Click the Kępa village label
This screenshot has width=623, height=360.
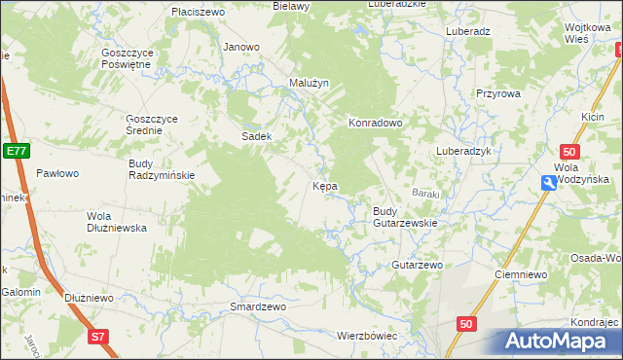click(324, 185)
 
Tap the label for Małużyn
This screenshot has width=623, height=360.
click(311, 83)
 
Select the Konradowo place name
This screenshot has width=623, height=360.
click(376, 124)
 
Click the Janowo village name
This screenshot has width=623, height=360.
click(241, 47)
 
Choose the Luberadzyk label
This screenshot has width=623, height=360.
click(467, 152)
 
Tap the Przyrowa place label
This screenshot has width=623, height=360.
click(498, 93)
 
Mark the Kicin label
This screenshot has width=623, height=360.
click(594, 117)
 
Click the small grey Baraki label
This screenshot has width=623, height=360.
click(425, 193)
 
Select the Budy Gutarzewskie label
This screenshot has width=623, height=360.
click(404, 217)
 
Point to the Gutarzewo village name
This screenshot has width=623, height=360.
click(417, 265)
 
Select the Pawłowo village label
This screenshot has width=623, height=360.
click(57, 173)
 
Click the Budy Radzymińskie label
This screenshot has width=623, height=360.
click(163, 169)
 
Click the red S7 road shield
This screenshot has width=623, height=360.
click(96, 337)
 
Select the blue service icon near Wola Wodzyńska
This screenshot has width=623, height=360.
click(551, 182)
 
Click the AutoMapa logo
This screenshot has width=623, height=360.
click(559, 341)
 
